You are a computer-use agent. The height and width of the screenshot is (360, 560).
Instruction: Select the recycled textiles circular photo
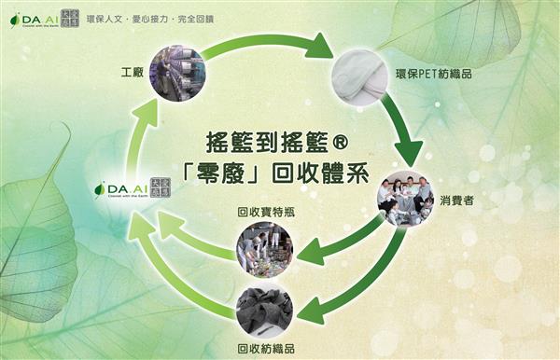(265, 309)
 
